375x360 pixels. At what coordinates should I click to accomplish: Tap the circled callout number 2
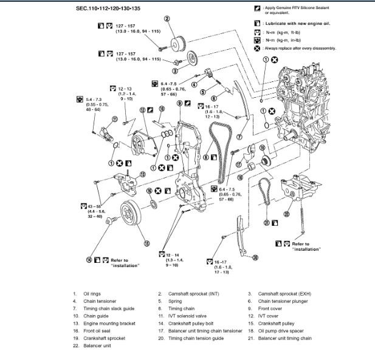[167, 20]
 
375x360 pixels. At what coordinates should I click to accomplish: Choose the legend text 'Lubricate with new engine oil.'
[297, 23]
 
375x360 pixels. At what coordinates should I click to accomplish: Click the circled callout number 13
[142, 174]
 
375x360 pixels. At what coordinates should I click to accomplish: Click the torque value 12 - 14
[171, 254]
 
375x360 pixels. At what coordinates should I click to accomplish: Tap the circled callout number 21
[266, 222]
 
